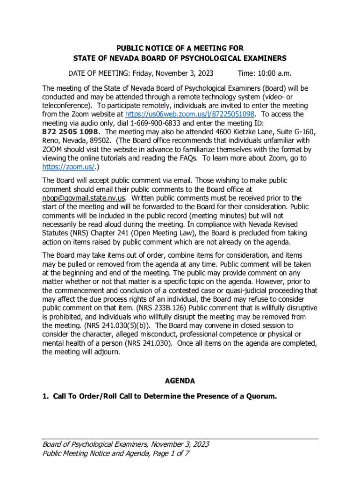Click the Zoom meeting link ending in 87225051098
click(190, 114)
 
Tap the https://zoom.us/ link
click(67, 167)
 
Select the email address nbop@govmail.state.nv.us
click(84, 197)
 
